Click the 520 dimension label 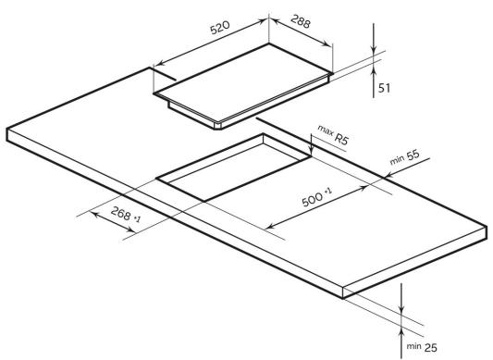click(x=220, y=28)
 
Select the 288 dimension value click(x=301, y=21)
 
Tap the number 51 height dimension click(x=384, y=88)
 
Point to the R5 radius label click(x=341, y=139)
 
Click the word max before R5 click(x=326, y=130)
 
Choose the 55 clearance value click(x=413, y=155)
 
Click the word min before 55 click(x=397, y=160)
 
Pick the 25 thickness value click(x=431, y=347)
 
